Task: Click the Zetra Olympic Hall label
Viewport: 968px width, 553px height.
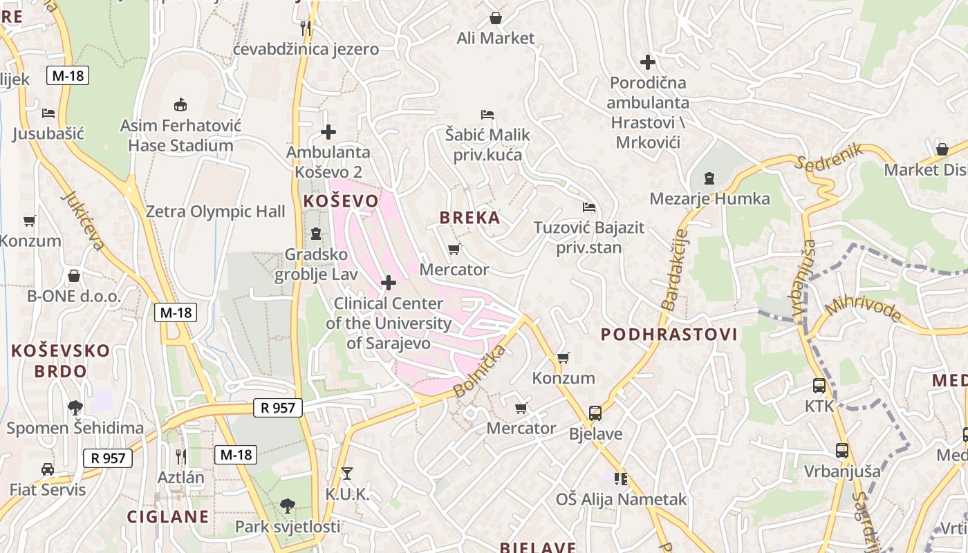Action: click(x=215, y=212)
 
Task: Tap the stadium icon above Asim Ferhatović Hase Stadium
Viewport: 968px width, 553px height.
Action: click(x=180, y=105)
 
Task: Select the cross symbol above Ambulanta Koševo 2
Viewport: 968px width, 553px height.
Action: click(x=328, y=131)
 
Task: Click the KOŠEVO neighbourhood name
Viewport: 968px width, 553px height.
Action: click(x=341, y=201)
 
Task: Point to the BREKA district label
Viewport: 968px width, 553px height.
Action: click(x=469, y=218)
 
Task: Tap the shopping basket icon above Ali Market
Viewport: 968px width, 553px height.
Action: click(x=496, y=17)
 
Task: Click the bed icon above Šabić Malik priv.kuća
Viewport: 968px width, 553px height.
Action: click(x=487, y=114)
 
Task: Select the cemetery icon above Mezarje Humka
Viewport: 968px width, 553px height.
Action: click(x=709, y=178)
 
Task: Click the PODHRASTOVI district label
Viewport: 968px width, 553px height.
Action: click(x=669, y=335)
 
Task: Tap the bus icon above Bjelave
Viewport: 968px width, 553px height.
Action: click(x=595, y=413)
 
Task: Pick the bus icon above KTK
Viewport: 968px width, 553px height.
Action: click(x=819, y=386)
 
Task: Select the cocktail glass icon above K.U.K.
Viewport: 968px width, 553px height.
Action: click(x=347, y=474)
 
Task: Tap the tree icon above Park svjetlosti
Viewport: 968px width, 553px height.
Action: click(x=287, y=506)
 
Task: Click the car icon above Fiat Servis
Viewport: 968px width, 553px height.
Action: click(x=47, y=469)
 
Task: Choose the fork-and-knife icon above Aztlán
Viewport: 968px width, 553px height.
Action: click(x=180, y=456)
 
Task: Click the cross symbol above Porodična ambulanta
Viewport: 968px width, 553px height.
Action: click(x=648, y=62)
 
